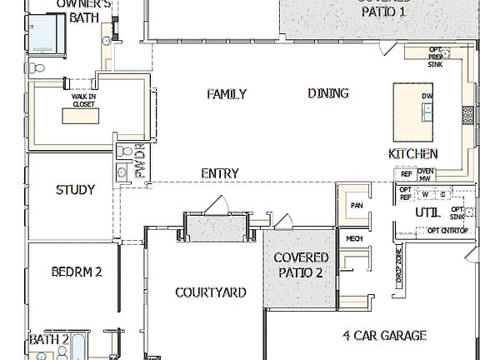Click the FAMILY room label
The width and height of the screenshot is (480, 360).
coord(227,94)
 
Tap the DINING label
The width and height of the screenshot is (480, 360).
coord(328,93)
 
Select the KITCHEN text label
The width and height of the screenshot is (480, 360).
coord(413,154)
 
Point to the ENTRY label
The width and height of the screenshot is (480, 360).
coord(220,173)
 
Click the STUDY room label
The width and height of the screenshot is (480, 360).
coord(75,190)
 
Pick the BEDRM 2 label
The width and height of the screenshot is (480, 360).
coord(76,272)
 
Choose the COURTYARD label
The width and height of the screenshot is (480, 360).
coord(211,292)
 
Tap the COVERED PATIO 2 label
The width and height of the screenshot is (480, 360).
coord(302,265)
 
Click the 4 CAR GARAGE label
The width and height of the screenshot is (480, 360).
coord(385,336)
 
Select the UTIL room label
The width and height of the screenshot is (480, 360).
coord(428,212)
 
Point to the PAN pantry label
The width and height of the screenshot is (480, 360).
coord(357,205)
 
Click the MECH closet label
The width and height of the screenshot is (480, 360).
coord(354,238)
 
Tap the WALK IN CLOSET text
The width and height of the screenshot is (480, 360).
coord(82,101)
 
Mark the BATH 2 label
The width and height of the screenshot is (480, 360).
coord(49,339)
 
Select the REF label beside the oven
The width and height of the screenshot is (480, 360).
coord(407,174)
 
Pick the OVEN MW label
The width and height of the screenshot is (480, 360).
coord(425,174)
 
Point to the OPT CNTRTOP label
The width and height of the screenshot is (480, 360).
coord(447,230)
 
